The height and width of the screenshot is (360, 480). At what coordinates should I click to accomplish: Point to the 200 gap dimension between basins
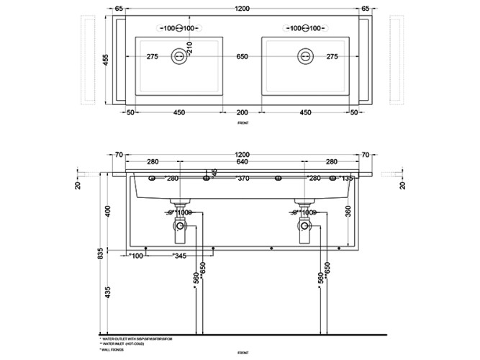[x=243, y=112]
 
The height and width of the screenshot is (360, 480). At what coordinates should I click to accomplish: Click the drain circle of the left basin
[x=178, y=55]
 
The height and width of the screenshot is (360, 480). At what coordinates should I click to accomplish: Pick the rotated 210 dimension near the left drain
[x=189, y=49]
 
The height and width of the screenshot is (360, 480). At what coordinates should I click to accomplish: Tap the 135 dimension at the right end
[x=346, y=178]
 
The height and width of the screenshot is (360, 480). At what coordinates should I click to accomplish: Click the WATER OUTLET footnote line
[x=137, y=337]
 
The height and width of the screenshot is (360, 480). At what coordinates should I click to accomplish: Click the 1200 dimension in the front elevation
[x=243, y=154]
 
